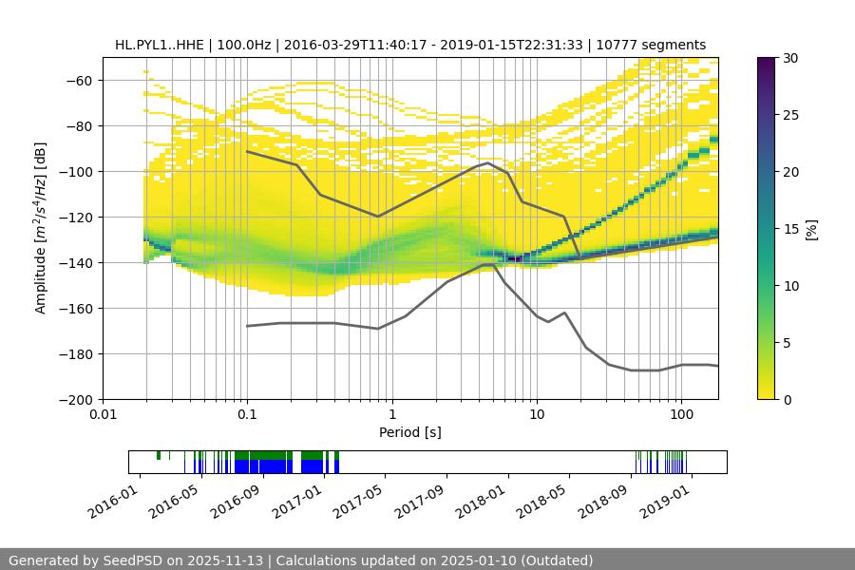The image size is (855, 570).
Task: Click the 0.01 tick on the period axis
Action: pos(103,414)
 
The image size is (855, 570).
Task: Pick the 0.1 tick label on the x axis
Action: pos(247,414)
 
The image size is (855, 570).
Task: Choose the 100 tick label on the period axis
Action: pos(681,414)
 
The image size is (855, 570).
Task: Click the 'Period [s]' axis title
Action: pos(409,432)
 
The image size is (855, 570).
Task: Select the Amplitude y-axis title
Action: pos(41,228)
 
